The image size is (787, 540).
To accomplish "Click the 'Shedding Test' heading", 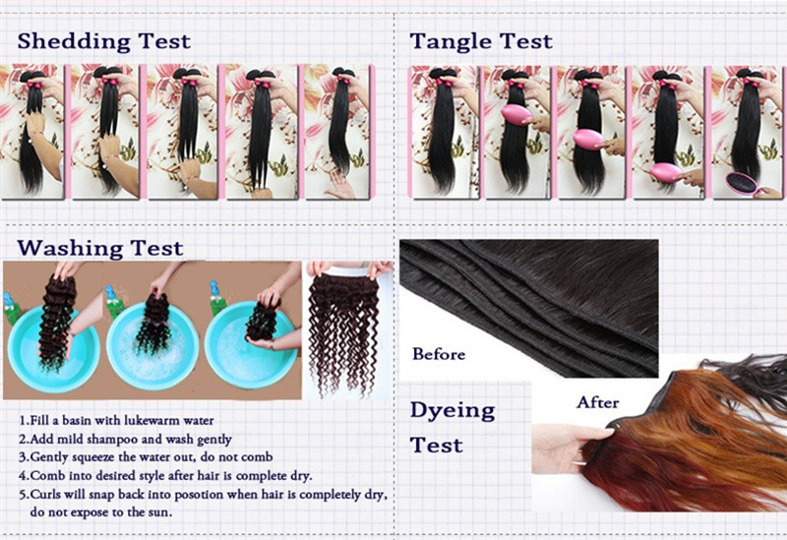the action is (x=104, y=41).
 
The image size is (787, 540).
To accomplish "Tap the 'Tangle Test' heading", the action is (x=481, y=41).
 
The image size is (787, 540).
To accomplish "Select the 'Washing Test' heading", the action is (x=100, y=249).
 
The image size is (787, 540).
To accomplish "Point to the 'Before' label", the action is (x=439, y=354).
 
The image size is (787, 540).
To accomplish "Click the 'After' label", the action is (x=598, y=402).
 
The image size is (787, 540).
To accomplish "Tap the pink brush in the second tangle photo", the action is (x=516, y=115).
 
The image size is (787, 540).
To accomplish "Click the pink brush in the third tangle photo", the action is (x=588, y=139).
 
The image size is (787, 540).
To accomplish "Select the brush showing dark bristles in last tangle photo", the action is (x=742, y=183).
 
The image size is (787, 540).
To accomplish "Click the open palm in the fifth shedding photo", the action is (x=340, y=187).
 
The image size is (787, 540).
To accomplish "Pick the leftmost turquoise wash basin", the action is (x=53, y=350).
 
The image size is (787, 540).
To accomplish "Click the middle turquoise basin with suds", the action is (x=152, y=347).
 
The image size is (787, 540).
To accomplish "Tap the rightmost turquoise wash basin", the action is (x=250, y=345).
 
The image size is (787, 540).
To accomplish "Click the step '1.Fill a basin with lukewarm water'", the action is (x=116, y=420).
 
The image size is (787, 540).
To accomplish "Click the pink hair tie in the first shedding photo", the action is (x=35, y=85).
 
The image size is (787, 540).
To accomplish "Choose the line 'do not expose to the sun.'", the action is (x=101, y=512).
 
